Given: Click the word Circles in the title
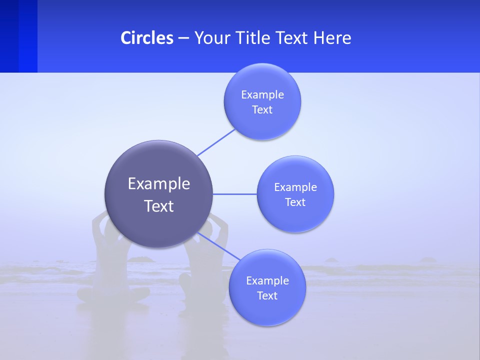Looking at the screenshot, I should (x=147, y=37).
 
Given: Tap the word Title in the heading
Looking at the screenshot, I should (x=251, y=37).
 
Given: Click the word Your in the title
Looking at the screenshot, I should (x=211, y=37).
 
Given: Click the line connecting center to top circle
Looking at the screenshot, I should (x=216, y=142).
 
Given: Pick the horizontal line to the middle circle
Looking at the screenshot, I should (x=235, y=194).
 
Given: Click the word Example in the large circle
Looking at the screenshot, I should (x=159, y=183).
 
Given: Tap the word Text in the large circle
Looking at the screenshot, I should (x=159, y=206).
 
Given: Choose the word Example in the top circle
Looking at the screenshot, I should (x=262, y=94).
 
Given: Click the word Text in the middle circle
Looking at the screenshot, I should (x=295, y=202).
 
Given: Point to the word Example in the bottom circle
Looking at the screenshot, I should (x=267, y=280).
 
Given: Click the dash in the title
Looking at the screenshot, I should (x=183, y=37).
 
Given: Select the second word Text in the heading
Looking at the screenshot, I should (x=292, y=37).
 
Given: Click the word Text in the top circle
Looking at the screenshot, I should (x=262, y=109).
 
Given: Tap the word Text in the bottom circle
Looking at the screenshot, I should (x=267, y=295).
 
